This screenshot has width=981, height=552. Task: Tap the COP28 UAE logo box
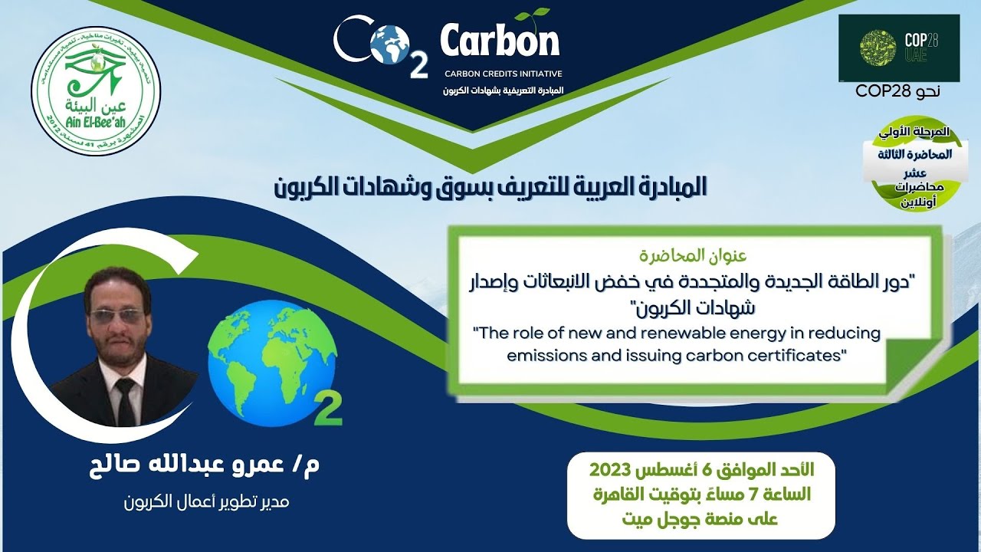point(898,48)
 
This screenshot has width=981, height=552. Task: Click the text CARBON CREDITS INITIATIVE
point(504,74)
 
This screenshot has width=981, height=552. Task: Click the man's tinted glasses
point(116,316)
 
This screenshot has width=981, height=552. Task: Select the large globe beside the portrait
point(261,362)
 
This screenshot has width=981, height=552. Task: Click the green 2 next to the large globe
point(328,411)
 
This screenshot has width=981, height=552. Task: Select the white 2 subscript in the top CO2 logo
point(418,67)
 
